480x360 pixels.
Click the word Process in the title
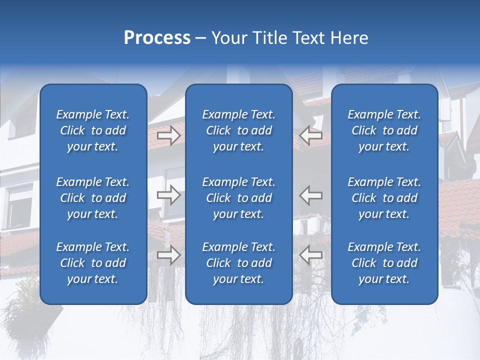coord(157,38)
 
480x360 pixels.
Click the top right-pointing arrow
coord(169,135)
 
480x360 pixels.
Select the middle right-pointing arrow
coord(169,195)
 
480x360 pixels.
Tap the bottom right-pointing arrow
coord(169,255)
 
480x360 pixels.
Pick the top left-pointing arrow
coord(310,135)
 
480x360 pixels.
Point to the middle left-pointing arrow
coord(310,195)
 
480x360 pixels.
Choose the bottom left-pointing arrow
coord(310,255)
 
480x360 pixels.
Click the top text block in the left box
coord(93,130)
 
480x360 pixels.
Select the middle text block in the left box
coord(93,198)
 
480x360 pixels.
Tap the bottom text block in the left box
coord(93,263)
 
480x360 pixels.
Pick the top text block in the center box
coord(238,130)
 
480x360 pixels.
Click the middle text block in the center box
coord(238,198)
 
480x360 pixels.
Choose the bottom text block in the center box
coord(238,263)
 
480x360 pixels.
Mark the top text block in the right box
coord(384,130)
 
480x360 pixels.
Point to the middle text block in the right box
coord(384,198)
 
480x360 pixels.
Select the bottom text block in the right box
coord(384,263)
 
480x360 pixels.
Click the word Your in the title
coord(229,38)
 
